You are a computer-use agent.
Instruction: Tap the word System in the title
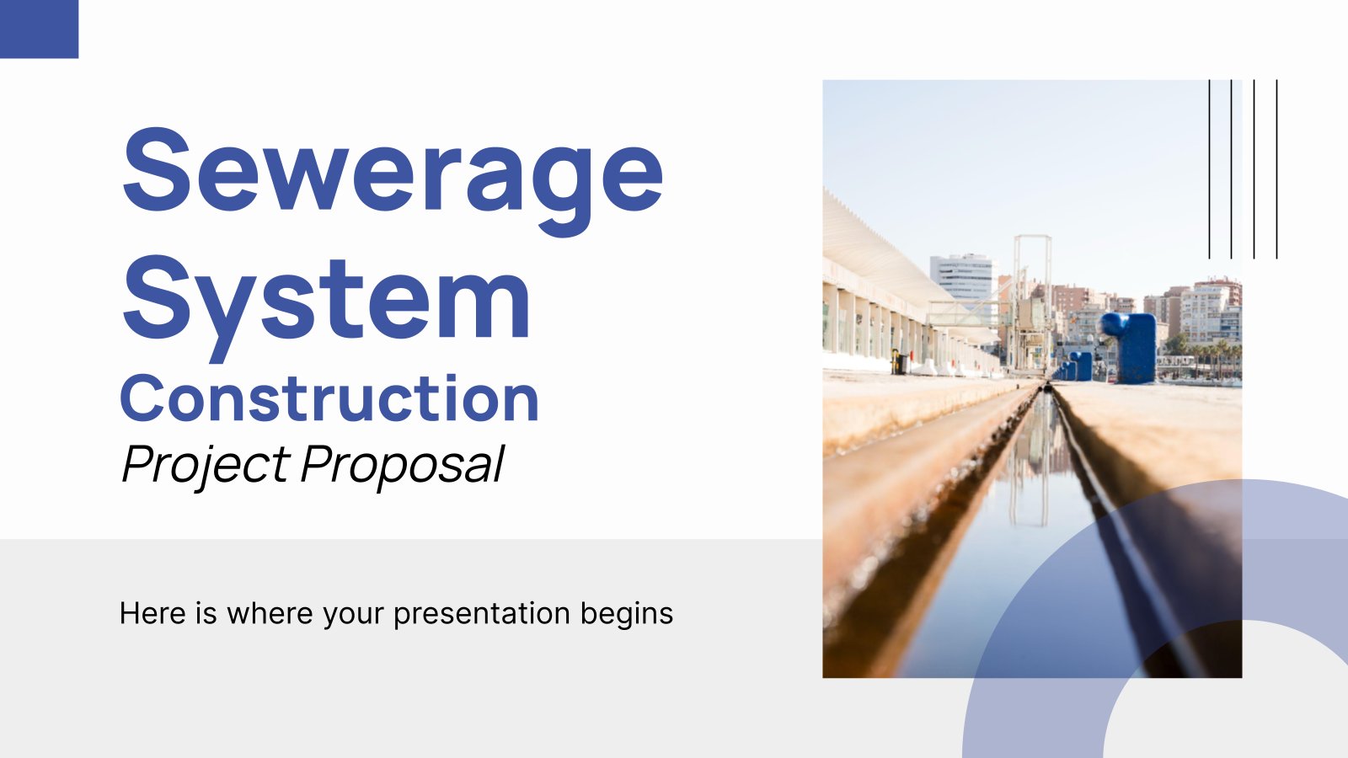[x=326, y=307]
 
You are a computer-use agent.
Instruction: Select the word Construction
[x=329, y=398]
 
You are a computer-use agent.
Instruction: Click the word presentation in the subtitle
[x=481, y=615]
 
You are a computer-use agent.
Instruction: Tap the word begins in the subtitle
[x=627, y=615]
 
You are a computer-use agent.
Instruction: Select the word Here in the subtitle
[x=152, y=614]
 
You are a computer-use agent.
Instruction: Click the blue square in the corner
[x=39, y=29]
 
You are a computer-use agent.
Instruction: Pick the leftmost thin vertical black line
[x=1209, y=169]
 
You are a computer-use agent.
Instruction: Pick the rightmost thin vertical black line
[x=1276, y=169]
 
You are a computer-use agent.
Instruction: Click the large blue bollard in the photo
[x=1131, y=348]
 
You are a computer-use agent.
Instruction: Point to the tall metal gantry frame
[x=1033, y=301]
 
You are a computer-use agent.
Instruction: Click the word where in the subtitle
[x=270, y=614]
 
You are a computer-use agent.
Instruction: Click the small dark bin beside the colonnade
[x=898, y=362]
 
